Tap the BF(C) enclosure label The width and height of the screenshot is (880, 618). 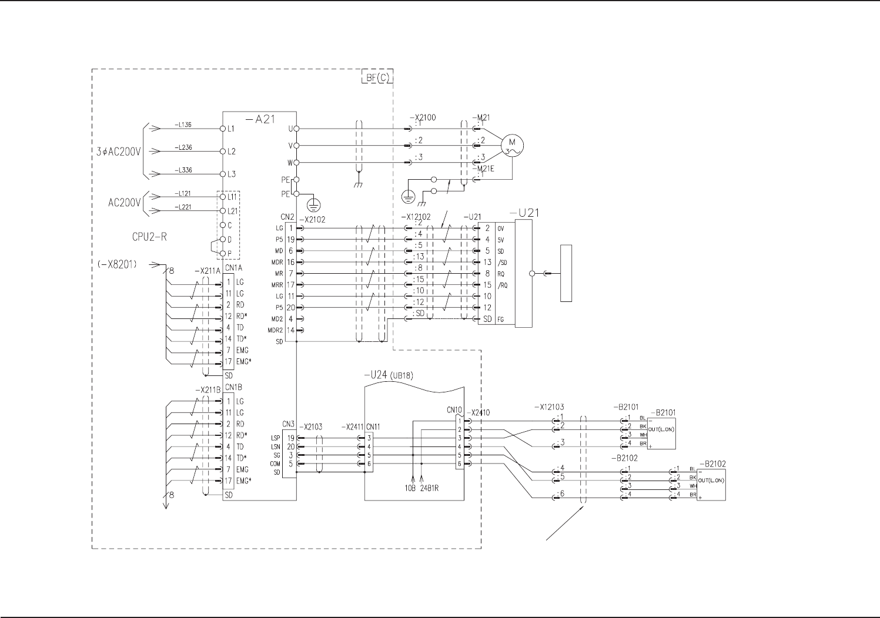pos(376,77)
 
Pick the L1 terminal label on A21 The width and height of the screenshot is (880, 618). pos(231,128)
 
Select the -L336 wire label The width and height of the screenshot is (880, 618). pos(183,170)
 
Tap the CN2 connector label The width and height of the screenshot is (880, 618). pos(287,217)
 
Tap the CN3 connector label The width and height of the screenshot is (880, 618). pos(288,424)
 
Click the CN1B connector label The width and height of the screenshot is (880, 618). pos(233,388)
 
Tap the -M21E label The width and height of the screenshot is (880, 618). pos(485,169)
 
